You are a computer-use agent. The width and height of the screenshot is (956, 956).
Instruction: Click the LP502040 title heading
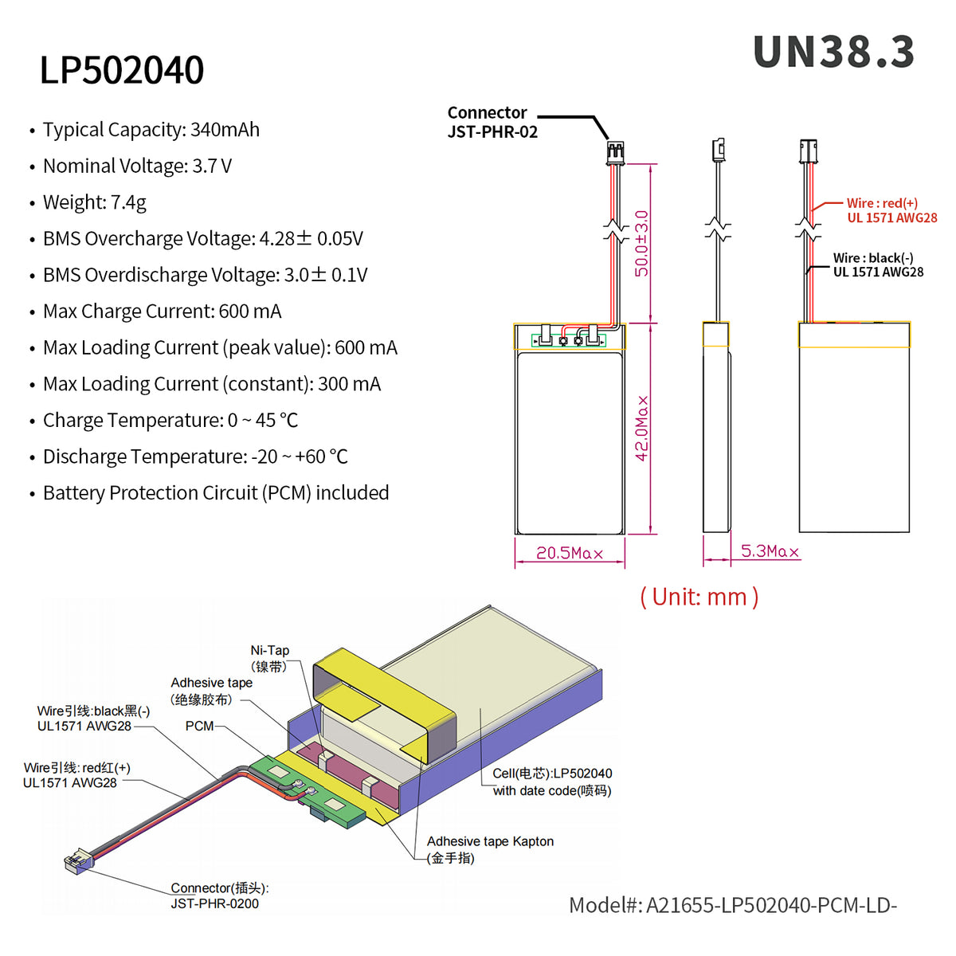(x=122, y=70)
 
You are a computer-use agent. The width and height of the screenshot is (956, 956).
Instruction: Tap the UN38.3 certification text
(x=833, y=53)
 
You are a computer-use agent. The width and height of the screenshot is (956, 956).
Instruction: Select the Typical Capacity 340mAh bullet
(x=151, y=130)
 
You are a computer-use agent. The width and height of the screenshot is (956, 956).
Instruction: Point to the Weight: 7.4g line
(x=94, y=202)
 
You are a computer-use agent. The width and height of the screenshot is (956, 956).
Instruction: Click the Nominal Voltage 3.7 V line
(x=137, y=167)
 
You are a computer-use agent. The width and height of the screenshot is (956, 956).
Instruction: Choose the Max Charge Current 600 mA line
(x=162, y=311)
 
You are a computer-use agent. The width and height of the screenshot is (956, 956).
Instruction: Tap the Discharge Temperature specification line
(x=195, y=456)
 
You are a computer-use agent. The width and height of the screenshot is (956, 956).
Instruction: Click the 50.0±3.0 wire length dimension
(x=641, y=243)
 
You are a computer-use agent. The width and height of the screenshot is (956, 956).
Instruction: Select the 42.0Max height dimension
(x=642, y=428)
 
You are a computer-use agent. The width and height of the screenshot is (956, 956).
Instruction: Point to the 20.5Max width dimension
(x=569, y=553)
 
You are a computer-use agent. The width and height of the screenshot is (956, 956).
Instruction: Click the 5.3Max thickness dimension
(x=769, y=551)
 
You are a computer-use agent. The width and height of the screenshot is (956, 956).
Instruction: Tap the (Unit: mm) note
(x=699, y=597)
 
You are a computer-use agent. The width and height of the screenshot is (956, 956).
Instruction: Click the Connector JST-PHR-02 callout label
(x=492, y=122)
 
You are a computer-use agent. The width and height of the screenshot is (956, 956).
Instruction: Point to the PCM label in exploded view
(x=199, y=726)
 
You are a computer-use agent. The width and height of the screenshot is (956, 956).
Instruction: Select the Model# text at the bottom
(x=732, y=905)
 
